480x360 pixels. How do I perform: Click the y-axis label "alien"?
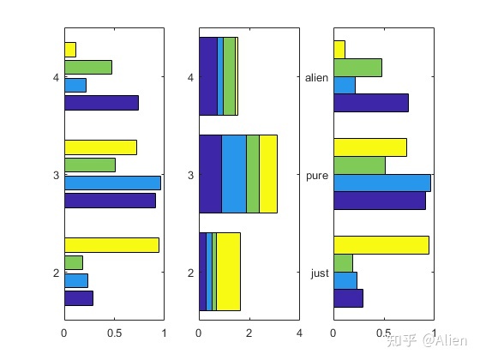tap(316, 78)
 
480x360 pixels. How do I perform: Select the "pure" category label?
tap(317, 176)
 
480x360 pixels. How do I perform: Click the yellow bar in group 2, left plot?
tap(111, 245)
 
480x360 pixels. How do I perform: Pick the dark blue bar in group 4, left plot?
tap(101, 103)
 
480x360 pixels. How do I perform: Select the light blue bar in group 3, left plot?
tap(112, 183)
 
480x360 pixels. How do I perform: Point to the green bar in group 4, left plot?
tap(87, 67)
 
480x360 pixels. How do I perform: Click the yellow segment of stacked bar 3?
tap(267, 174)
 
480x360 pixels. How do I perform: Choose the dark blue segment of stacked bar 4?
tap(207, 76)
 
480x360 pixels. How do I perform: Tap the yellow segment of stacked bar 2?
tap(228, 272)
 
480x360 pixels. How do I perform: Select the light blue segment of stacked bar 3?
tap(234, 174)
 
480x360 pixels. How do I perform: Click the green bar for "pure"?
tap(359, 165)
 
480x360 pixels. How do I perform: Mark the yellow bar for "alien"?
tap(339, 50)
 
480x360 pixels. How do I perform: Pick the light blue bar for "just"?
tap(345, 280)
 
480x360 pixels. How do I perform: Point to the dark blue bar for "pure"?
tap(379, 201)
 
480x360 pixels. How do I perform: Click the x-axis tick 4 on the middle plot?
tap(299, 333)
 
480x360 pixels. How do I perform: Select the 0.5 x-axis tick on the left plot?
tap(114, 333)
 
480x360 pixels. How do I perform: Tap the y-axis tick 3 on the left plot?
tap(55, 176)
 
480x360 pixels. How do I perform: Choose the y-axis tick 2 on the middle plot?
tap(190, 273)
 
